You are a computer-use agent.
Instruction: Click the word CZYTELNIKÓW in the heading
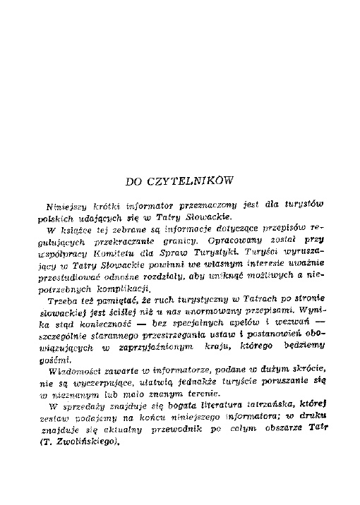pos(195,181)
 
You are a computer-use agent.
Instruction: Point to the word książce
pos(80,231)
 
